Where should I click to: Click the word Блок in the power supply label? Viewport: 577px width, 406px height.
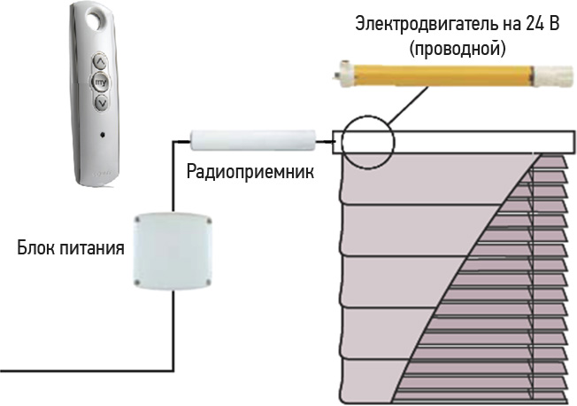coord(38,246)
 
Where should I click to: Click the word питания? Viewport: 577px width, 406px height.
coord(93,246)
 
